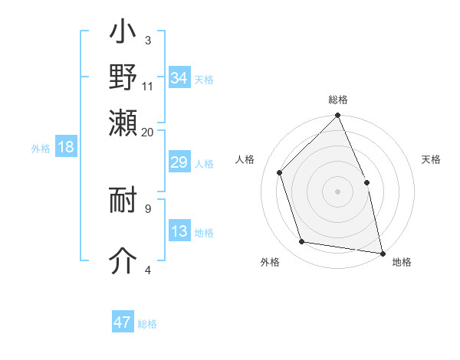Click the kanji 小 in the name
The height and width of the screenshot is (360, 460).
point(123,35)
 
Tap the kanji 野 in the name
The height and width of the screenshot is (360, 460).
point(123,77)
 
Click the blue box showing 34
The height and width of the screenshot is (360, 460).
point(179,78)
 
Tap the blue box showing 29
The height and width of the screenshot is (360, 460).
point(179,162)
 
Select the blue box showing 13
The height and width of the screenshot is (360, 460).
point(179,232)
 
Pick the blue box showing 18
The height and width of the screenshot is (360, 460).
point(66,148)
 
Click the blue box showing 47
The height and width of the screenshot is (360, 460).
point(123,322)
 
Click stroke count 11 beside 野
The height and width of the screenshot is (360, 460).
point(148,86)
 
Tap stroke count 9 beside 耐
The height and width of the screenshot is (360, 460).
point(148,207)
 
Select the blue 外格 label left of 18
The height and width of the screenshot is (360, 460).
point(41,149)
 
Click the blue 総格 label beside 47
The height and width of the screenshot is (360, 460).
point(147,324)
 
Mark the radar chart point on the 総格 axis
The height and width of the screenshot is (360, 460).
point(337,116)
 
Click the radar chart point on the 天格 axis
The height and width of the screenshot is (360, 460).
point(366,182)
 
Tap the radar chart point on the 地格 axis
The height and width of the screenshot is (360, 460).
point(382,253)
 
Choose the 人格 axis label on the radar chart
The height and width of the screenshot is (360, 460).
point(245,159)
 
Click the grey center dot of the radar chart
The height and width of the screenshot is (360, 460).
point(337,191)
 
